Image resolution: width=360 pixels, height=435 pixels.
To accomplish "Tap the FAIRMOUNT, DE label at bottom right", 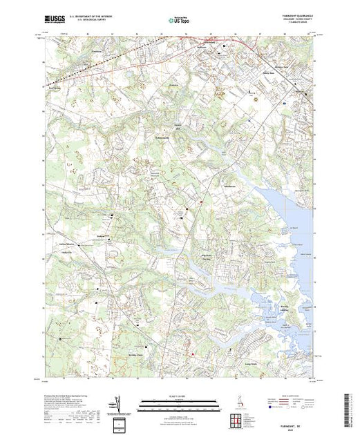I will coord(295,425).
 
